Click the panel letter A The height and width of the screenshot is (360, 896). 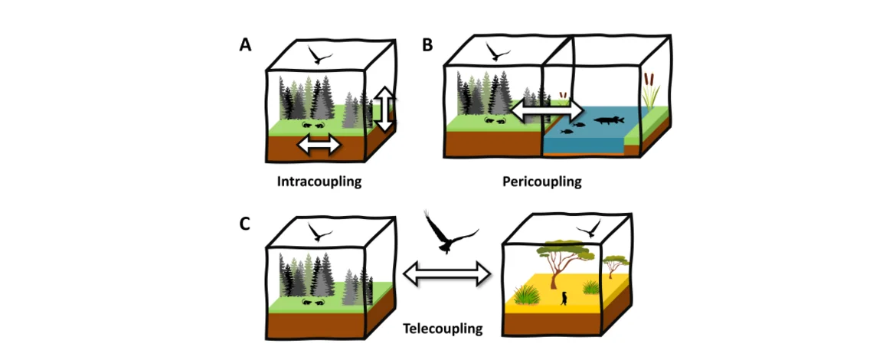(245, 45)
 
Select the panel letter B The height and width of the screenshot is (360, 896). (427, 45)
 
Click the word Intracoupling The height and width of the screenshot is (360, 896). (319, 183)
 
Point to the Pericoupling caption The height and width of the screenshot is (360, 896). (542, 182)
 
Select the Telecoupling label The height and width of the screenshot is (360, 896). (443, 329)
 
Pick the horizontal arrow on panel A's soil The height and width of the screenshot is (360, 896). (319, 144)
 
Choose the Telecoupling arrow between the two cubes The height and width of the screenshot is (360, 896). (446, 273)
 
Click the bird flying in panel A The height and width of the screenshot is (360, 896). (320, 55)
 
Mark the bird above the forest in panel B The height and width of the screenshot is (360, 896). (499, 52)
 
